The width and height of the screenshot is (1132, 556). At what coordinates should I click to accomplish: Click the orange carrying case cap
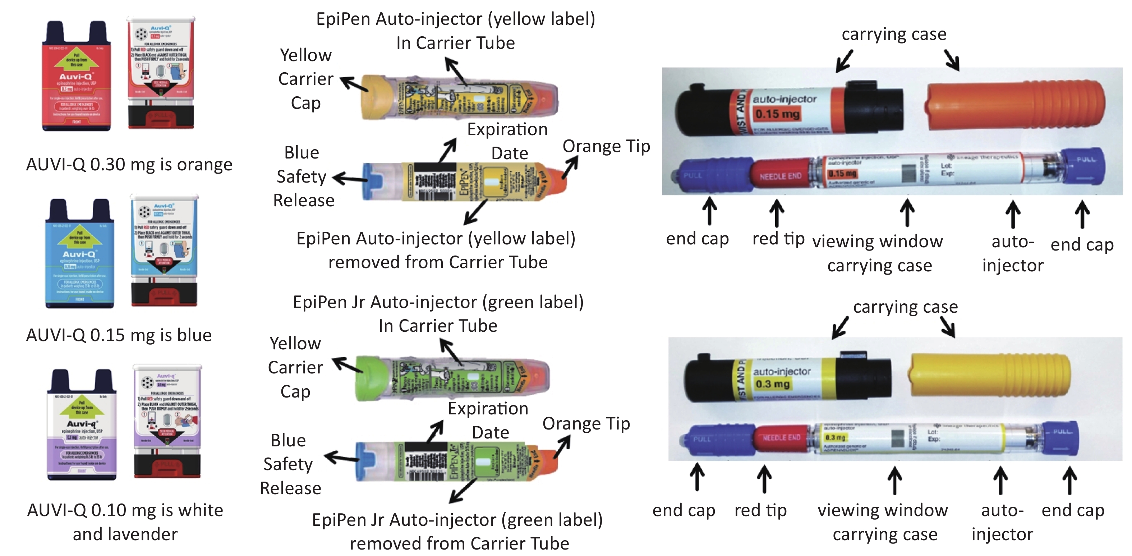[x=1015, y=106]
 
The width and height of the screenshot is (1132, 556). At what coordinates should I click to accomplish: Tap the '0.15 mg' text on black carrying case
[x=777, y=114]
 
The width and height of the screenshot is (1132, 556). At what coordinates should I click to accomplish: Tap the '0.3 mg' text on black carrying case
[x=772, y=384]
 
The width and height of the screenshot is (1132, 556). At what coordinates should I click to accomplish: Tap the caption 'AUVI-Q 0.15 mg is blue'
[x=119, y=335]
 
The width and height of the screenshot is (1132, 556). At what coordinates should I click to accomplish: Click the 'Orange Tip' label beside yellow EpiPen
[x=606, y=146]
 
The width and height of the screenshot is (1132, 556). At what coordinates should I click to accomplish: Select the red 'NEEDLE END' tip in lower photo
[x=781, y=438]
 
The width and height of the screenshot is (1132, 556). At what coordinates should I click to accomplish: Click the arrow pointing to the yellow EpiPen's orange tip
[x=570, y=168]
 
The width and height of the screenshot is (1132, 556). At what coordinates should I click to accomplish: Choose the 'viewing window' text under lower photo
[x=882, y=510]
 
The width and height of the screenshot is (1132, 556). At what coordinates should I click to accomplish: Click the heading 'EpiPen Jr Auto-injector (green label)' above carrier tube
[x=438, y=302]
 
